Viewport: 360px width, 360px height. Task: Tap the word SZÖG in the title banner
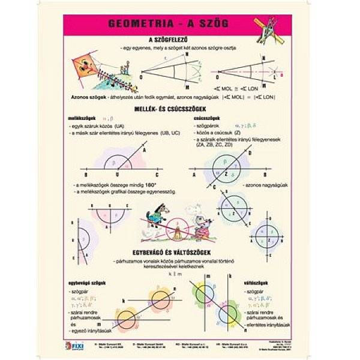214,25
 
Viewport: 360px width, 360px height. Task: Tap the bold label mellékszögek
82,119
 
